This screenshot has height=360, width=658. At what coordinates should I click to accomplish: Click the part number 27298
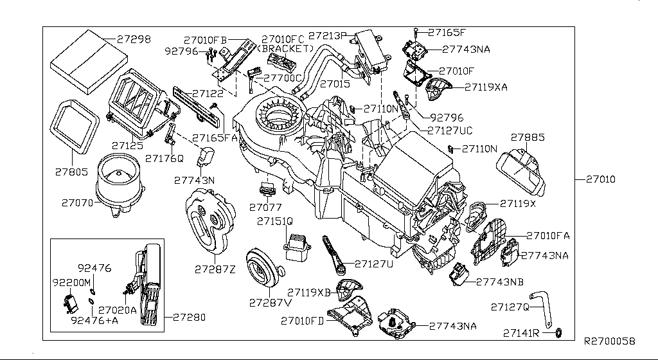coord(134,39)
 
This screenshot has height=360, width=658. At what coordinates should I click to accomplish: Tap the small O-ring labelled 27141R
coord(558,332)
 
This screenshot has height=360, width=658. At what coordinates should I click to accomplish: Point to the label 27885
coord(528,137)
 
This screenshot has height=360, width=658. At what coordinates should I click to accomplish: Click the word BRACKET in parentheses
coord(285,48)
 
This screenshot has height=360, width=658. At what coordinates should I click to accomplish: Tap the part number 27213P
coord(327,35)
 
